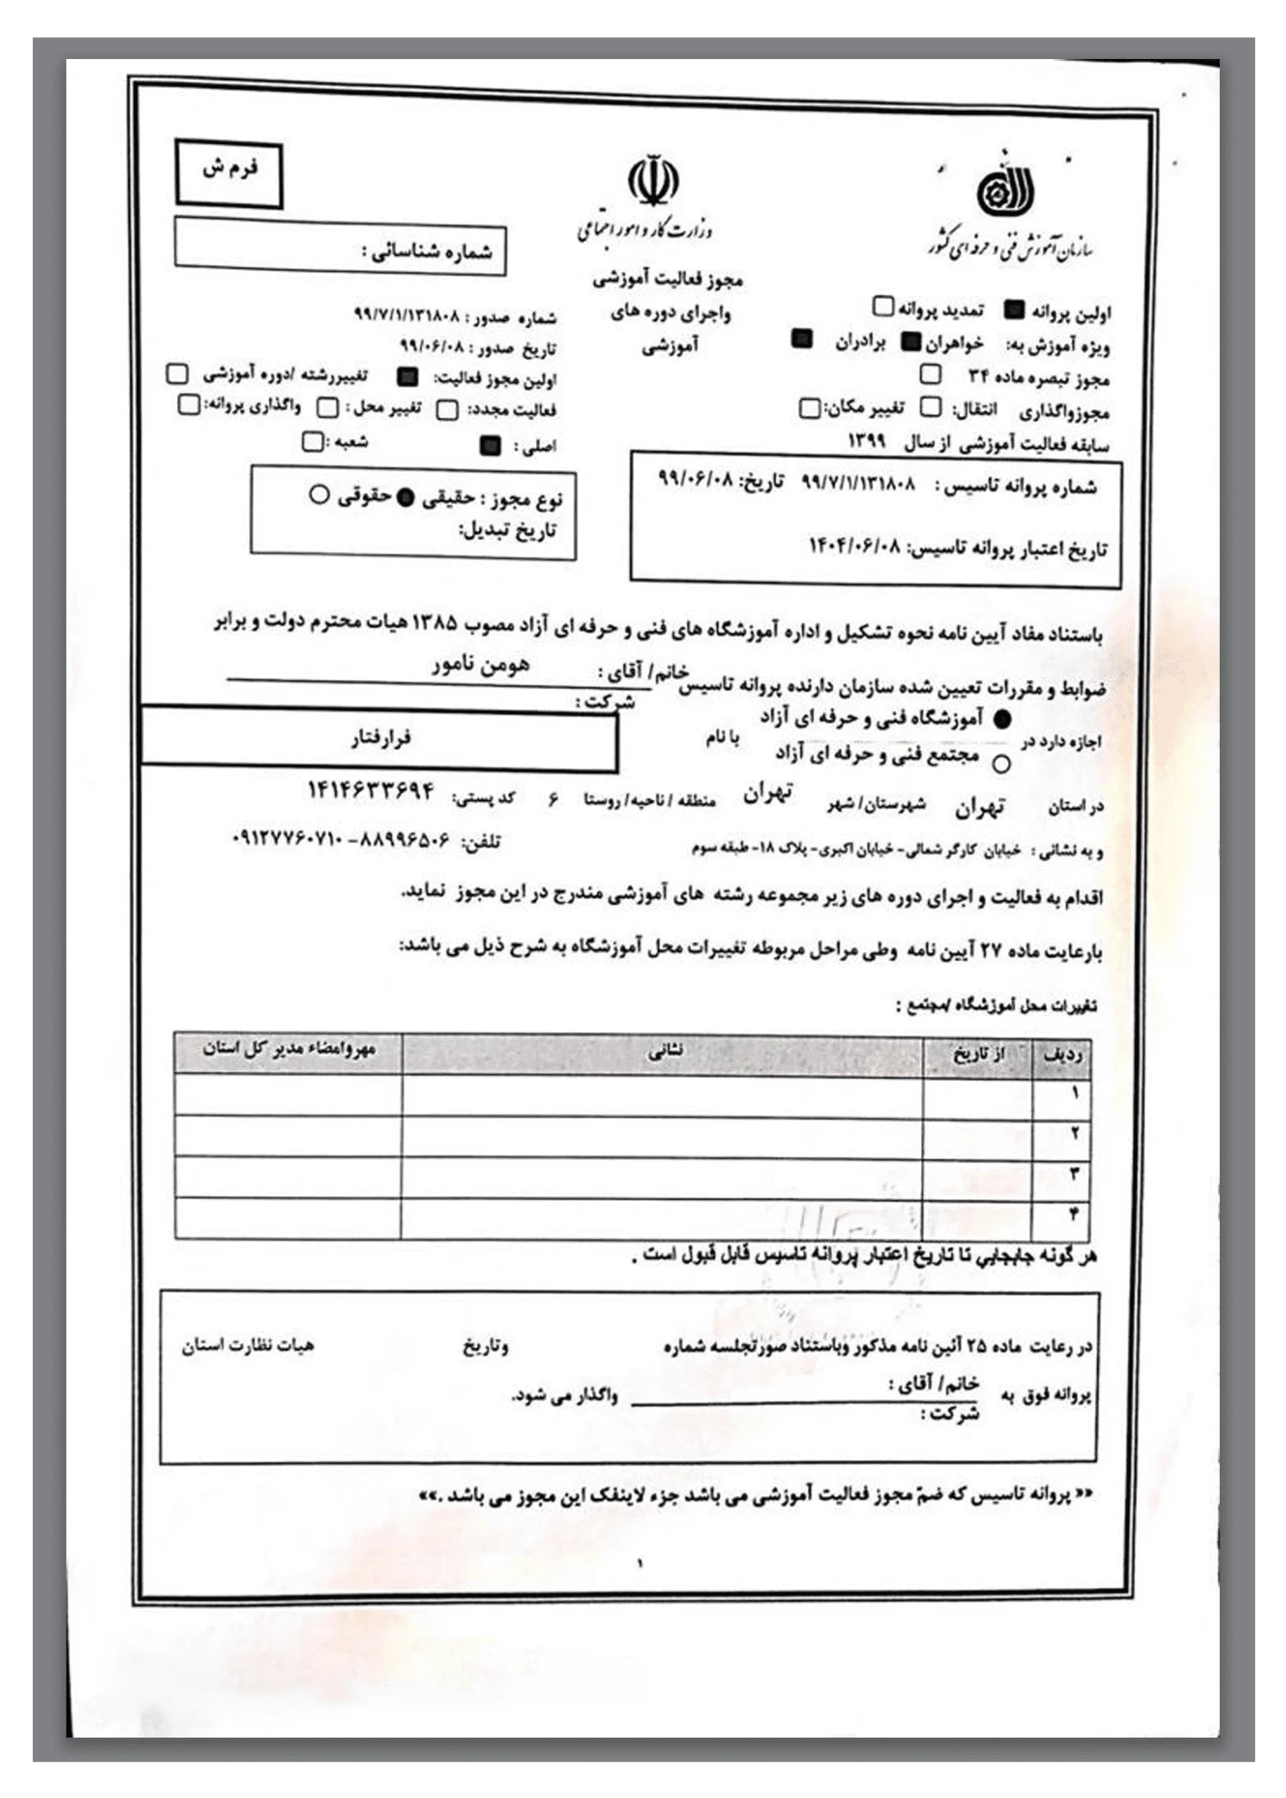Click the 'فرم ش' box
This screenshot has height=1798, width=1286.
(229, 173)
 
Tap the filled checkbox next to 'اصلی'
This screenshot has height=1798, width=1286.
(491, 447)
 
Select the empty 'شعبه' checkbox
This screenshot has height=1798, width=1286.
(313, 442)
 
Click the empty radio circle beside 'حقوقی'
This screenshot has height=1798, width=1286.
(319, 495)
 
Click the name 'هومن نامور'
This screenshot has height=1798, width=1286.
(479, 664)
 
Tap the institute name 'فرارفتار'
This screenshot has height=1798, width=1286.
(381, 739)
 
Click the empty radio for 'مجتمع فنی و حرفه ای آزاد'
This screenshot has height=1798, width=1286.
(1002, 764)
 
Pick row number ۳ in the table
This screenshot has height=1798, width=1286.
(1075, 1174)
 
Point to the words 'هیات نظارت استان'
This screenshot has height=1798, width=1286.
(248, 1344)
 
